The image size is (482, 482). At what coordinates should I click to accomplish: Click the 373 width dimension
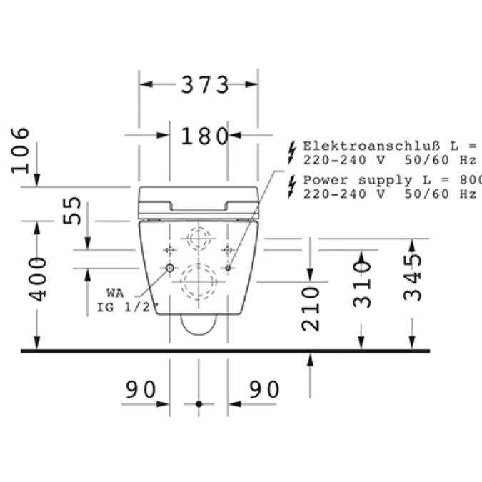204,85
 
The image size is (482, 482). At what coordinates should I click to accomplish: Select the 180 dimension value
204,136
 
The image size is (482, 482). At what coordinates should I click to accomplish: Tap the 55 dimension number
73,212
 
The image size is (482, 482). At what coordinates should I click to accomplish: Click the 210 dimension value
311,308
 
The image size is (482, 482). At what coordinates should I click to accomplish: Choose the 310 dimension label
363,283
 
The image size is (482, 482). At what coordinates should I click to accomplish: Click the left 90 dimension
141,390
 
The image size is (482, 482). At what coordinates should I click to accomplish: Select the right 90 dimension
264,390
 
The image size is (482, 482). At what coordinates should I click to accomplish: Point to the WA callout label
115,293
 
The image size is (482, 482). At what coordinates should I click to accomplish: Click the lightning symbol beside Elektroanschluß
291,151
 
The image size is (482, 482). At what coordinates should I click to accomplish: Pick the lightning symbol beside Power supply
291,186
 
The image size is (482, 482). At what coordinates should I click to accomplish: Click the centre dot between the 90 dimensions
199,404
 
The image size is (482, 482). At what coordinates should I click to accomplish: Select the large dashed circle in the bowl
199,282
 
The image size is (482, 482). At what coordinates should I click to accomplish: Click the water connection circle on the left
170,268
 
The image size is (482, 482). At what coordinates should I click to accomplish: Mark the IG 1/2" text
127,308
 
